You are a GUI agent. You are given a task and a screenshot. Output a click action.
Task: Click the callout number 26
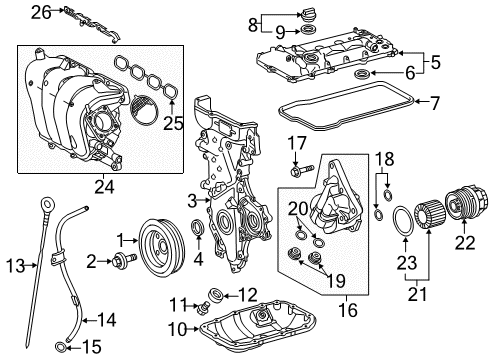(38, 12)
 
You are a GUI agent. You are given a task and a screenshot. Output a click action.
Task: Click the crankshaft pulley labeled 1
(157, 246)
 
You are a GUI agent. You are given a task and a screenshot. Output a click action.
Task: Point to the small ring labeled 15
(62, 347)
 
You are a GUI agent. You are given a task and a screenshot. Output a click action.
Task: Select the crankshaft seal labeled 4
(197, 237)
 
